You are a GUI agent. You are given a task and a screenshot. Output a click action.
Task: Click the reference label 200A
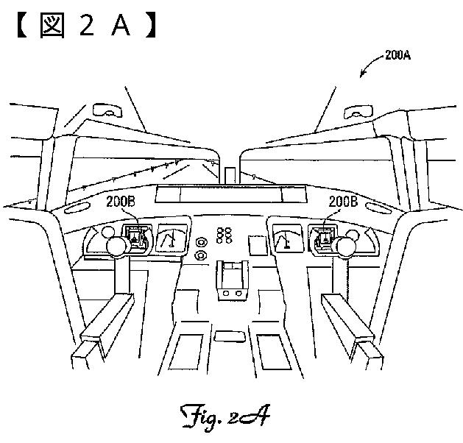pos(397,54)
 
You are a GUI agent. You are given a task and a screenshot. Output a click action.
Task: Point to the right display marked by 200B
pos(323,235)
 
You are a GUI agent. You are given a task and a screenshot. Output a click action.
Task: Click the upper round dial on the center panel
pos(200,241)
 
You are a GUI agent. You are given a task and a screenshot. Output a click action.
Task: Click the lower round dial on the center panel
pos(200,255)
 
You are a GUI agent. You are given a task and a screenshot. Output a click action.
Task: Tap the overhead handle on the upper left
pos(108,113)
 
